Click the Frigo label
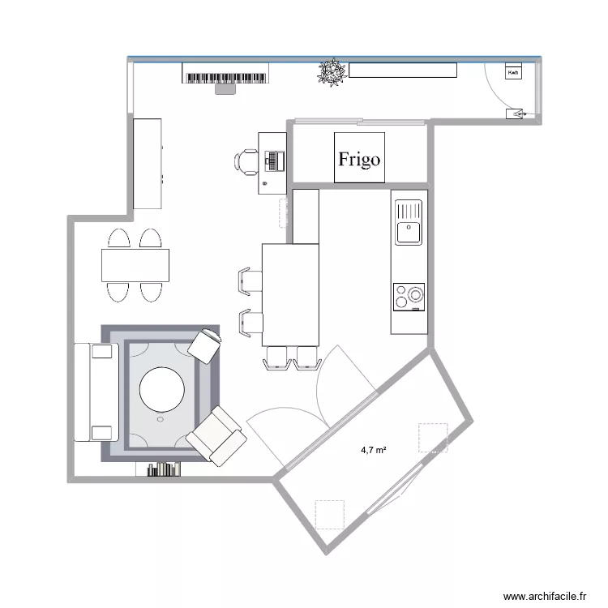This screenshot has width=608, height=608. pyautogui.click(x=359, y=159)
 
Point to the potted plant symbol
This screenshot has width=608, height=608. pyautogui.click(x=332, y=72)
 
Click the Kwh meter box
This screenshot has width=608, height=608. pyautogui.click(x=513, y=73)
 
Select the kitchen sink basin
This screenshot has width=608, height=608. pyautogui.click(x=408, y=232)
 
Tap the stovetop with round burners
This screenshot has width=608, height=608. pyautogui.click(x=409, y=297)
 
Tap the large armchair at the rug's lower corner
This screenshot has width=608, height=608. pyautogui.click(x=216, y=435)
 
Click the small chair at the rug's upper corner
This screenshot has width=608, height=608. pyautogui.click(x=205, y=345)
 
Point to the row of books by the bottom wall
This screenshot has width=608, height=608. pyautogui.click(x=163, y=469)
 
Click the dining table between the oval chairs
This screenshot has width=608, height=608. pyautogui.click(x=135, y=264)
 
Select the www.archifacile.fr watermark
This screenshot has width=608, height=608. pyautogui.click(x=544, y=595)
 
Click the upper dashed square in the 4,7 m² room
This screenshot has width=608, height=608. pyautogui.click(x=432, y=437)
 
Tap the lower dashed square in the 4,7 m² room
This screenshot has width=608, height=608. pyautogui.click(x=329, y=514)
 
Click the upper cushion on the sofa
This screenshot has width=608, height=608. pyautogui.click(x=102, y=351)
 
